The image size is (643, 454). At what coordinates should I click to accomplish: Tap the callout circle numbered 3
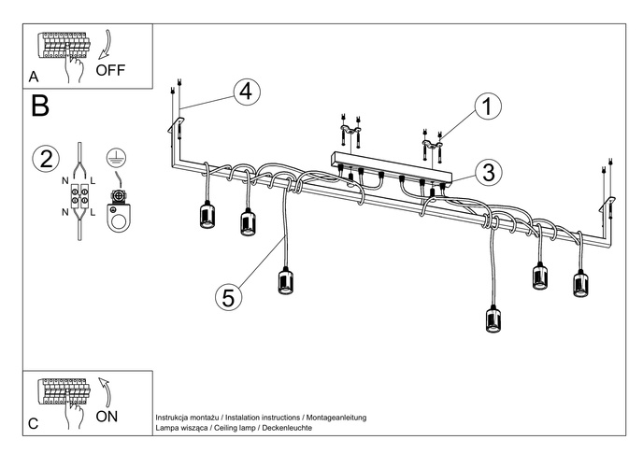[x=484, y=172]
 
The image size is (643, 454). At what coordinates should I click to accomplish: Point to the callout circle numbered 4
[x=244, y=92]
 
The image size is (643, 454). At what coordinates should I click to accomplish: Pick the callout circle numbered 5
[x=227, y=297]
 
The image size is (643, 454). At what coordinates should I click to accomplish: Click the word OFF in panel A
[x=110, y=70]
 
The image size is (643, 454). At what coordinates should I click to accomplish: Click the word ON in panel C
[x=107, y=417]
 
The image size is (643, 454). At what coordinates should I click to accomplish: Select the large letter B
[x=40, y=106]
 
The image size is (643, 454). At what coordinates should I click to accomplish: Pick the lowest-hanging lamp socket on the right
[x=493, y=319]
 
